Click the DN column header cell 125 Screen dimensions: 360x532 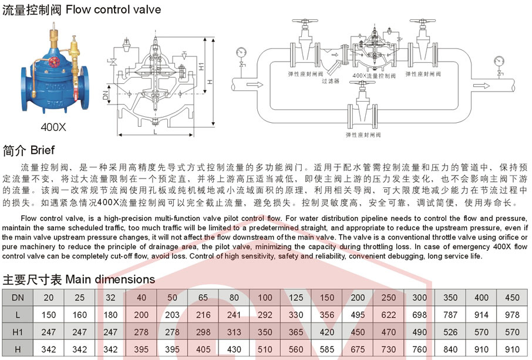click(297, 298)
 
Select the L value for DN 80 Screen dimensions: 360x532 click(234, 315)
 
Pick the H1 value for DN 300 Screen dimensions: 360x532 click(419, 332)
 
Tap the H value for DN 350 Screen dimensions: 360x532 click(450, 349)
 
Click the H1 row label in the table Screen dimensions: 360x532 click(18, 332)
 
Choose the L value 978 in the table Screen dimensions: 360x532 click(512, 315)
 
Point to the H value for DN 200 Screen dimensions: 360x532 click(358, 349)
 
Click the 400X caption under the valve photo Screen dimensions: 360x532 click(53, 126)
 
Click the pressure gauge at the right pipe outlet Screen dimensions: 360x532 click(500, 60)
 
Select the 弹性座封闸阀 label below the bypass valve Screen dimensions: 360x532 click(363, 134)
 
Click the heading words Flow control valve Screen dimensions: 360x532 click(113, 9)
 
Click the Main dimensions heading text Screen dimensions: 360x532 click(110, 279)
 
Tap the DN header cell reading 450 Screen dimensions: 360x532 click(512, 298)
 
